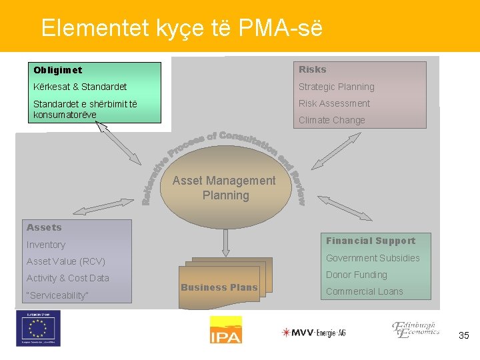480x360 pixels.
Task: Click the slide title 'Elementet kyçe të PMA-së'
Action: click(181, 27)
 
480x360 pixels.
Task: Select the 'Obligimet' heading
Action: click(58, 70)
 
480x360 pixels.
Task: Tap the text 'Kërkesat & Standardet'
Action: click(80, 87)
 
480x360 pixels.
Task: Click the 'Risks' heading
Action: click(312, 69)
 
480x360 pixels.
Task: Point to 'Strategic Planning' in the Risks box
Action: click(336, 87)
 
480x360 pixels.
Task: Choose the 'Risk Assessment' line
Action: click(334, 103)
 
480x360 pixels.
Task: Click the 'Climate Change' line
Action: click(331, 120)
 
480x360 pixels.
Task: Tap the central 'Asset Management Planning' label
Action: click(224, 187)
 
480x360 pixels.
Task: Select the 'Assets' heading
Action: click(44, 227)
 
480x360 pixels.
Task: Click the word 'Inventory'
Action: click(46, 245)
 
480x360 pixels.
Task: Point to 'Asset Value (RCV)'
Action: click(66, 261)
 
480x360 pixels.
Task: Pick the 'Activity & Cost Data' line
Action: click(67, 278)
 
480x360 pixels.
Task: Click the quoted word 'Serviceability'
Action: click(57, 295)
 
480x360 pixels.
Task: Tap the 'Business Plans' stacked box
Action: click(219, 287)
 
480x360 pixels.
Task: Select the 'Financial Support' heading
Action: click(370, 241)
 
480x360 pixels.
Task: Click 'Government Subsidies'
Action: click(373, 258)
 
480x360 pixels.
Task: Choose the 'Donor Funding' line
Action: click(356, 275)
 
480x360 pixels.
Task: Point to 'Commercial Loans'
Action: click(364, 291)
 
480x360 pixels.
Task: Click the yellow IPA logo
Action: click(226, 329)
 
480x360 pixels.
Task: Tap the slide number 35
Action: click(464, 336)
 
